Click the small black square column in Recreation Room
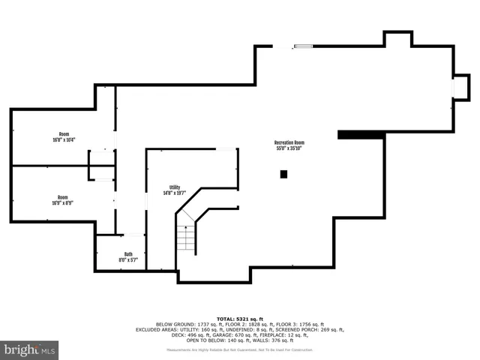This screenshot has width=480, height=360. coord(283,175)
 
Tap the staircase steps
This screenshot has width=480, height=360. coord(185,238)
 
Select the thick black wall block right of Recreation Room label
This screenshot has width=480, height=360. coord(361,135)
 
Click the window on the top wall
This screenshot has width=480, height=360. coord(303,46)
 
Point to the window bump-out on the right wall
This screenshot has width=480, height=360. coord(458,88)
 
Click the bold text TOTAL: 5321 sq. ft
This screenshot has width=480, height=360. coord(240,319)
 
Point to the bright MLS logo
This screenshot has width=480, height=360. coord(29,349)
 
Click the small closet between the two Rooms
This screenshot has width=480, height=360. coord(101,165)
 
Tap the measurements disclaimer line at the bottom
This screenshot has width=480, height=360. coord(240,350)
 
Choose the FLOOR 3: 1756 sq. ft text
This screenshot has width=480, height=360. coord(298,324)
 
